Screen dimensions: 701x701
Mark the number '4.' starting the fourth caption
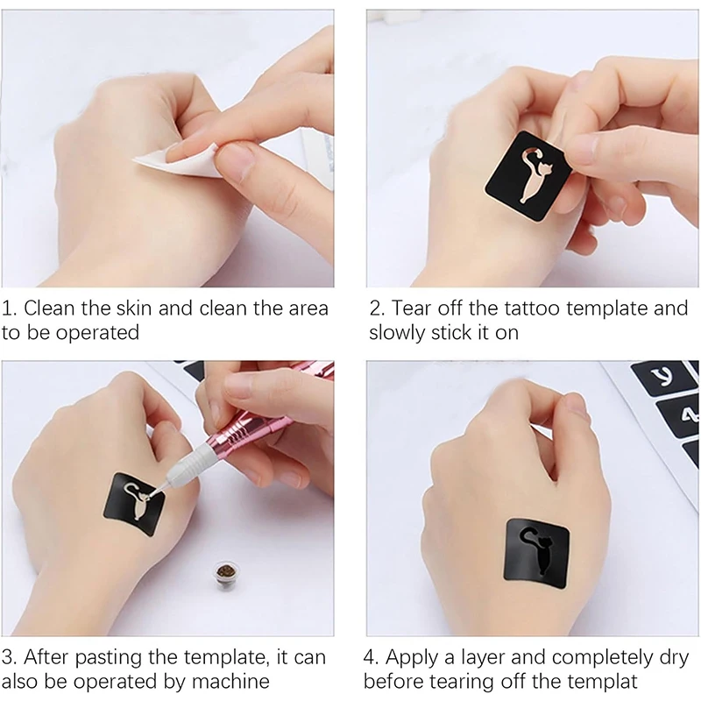point(371,658)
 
